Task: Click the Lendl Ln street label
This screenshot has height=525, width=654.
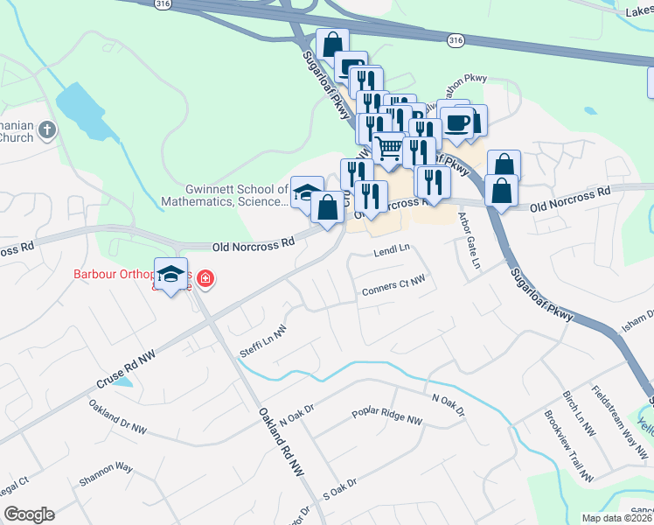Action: pyautogui.click(x=392, y=250)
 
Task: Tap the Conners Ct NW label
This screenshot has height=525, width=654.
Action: pyautogui.click(x=393, y=283)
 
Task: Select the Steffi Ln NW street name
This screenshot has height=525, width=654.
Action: pyautogui.click(x=263, y=342)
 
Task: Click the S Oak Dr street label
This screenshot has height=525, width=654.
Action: pyautogui.click(x=340, y=488)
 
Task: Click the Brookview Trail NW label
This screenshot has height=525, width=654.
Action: pyautogui.click(x=569, y=446)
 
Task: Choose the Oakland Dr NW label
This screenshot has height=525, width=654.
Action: pyautogui.click(x=118, y=419)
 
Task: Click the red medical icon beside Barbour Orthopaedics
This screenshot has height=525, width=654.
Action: pyautogui.click(x=205, y=279)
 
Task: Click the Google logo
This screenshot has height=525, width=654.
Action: pyautogui.click(x=28, y=514)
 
